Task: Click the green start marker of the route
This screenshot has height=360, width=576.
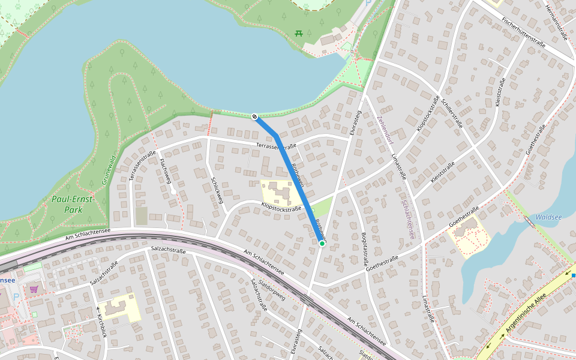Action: click(322, 244)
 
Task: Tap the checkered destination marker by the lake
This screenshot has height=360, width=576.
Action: click(254, 116)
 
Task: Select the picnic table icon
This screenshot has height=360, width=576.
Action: click(299, 33)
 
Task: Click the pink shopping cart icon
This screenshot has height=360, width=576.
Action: click(34, 289)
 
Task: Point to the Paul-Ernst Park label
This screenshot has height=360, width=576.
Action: click(67, 205)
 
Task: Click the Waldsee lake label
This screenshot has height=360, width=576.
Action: click(548, 217)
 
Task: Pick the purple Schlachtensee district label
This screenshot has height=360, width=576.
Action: click(408, 220)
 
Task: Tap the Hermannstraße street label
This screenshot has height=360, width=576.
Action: click(556, 23)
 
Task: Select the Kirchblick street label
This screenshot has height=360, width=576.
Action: click(100, 326)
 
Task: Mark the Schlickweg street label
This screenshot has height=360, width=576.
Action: click(217, 190)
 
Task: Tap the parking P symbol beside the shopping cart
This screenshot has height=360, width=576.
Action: click(16, 297)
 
